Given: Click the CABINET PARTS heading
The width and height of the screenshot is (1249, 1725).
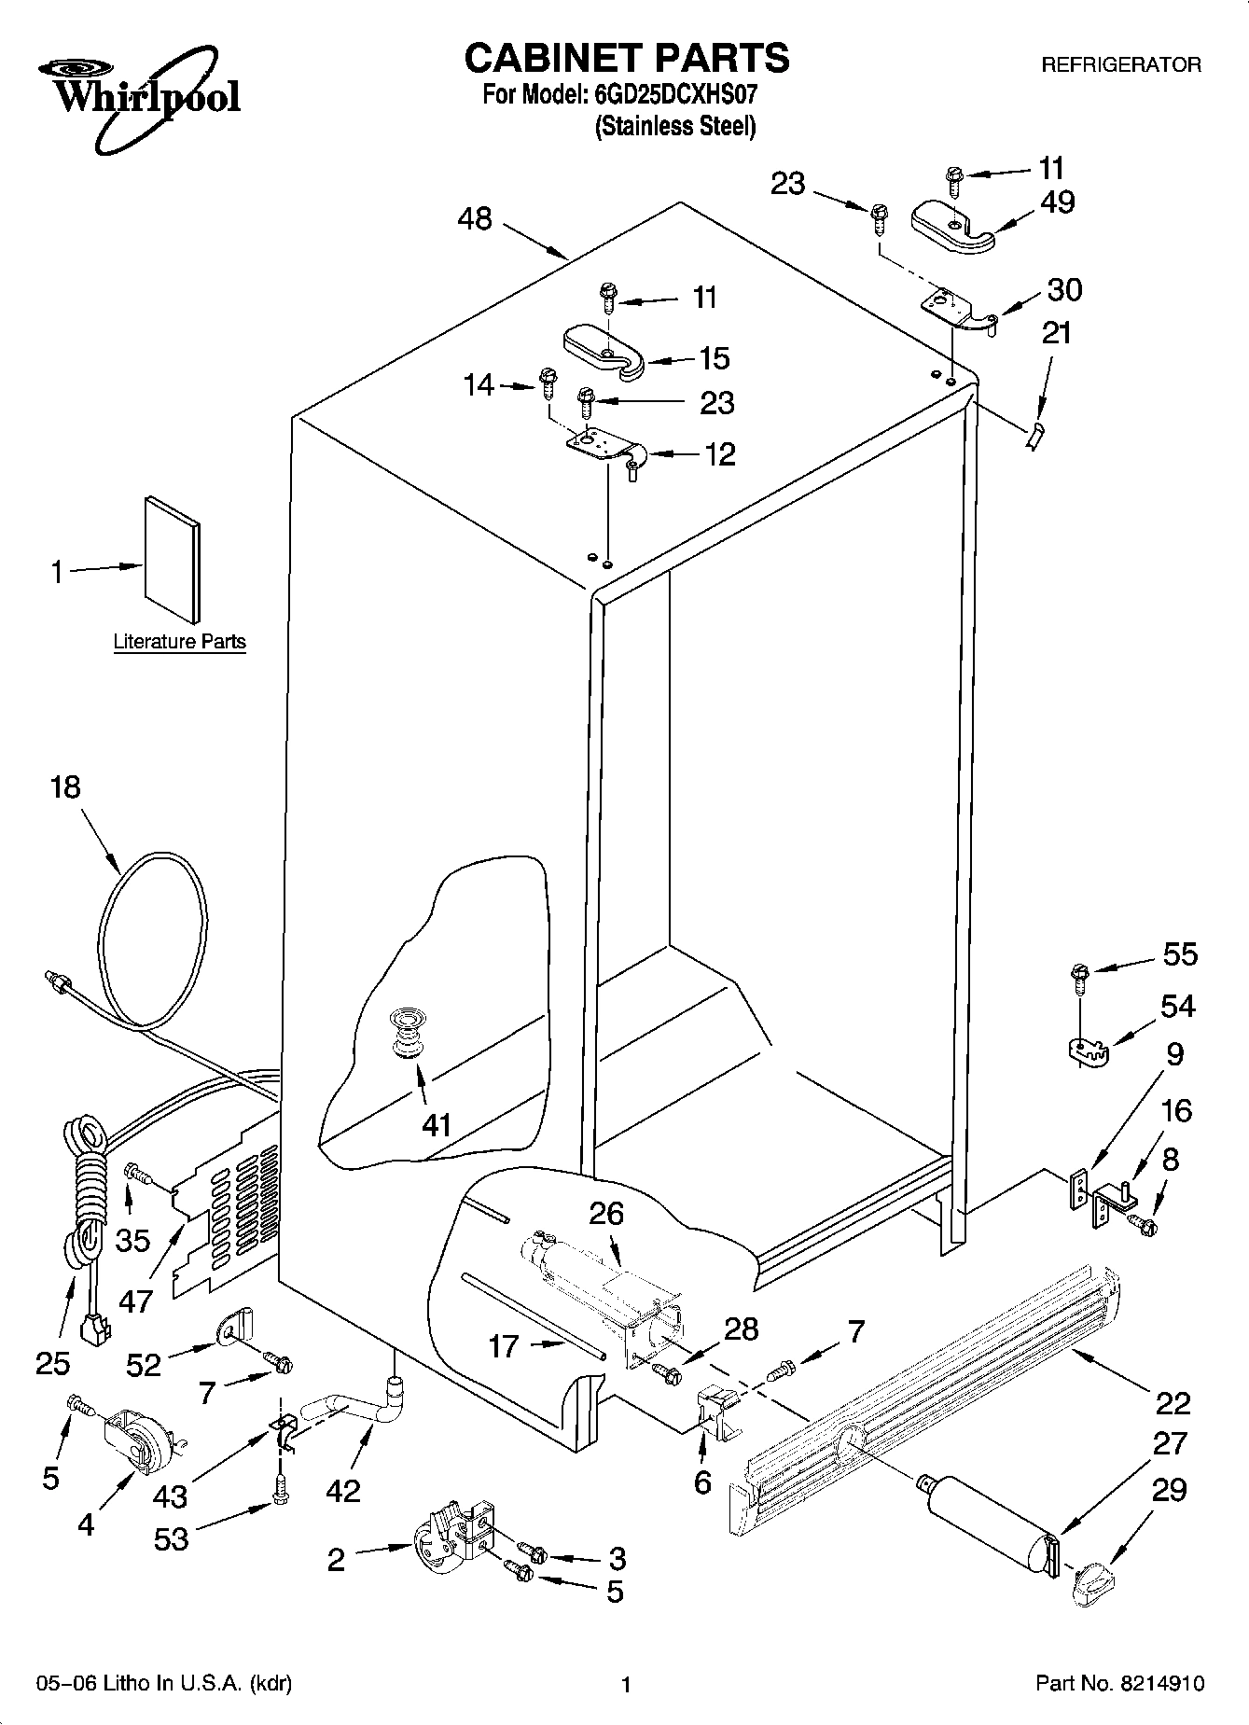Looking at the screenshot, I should (626, 58).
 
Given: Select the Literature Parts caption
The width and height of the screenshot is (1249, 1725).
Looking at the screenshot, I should (179, 642).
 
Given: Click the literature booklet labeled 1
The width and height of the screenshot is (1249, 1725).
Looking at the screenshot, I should (172, 560).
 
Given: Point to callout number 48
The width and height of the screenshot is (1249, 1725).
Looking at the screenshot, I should (475, 220).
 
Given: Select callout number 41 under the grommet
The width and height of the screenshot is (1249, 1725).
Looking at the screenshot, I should (436, 1124).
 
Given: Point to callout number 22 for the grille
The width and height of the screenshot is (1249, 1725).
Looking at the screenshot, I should (1173, 1402).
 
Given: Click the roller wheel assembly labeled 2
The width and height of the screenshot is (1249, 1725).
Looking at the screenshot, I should (452, 1537).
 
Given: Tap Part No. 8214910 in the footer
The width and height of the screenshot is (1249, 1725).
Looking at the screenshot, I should (1120, 1683).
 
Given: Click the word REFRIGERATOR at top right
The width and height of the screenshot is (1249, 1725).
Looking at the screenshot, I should (1120, 65).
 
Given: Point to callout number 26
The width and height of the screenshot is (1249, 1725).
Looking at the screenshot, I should (606, 1214).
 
